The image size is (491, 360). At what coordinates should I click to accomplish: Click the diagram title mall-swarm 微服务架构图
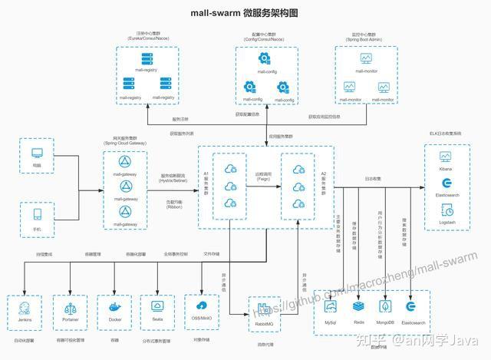[x=244, y=13]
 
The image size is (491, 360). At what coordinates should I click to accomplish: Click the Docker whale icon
[x=116, y=308]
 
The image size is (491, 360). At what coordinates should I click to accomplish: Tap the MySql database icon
[x=331, y=306]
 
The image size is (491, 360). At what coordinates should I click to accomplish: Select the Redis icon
[x=358, y=306]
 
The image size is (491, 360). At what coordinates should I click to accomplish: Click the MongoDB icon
[x=384, y=306]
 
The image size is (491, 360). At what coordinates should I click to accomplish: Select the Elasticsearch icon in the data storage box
[x=410, y=306]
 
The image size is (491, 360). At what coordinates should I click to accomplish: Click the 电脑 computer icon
[x=37, y=153]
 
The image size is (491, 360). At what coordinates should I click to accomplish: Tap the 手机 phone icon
[x=37, y=213]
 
